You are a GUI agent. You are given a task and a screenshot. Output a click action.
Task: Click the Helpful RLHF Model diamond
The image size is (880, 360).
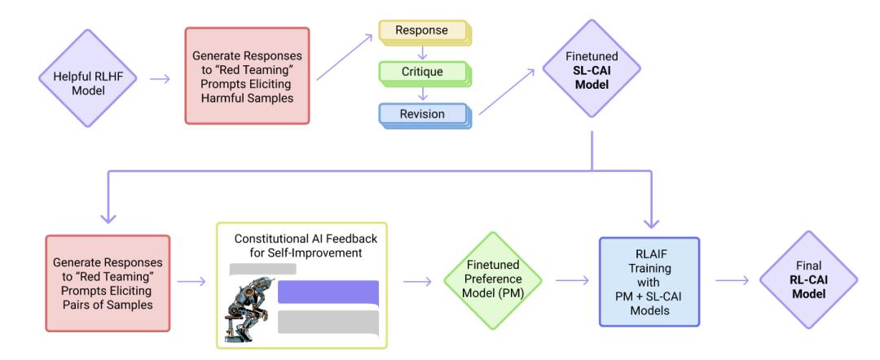87,78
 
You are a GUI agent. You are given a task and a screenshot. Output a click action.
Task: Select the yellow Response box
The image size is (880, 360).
425,33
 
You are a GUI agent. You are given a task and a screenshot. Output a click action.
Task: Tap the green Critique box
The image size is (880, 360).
425,73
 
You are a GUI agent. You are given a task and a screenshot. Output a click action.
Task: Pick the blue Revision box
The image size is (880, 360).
425,116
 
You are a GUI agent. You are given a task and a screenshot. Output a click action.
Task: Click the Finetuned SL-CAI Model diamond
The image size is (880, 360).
592,68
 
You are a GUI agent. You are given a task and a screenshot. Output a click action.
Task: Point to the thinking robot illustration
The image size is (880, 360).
244,308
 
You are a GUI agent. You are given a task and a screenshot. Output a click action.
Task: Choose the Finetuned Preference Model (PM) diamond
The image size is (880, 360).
493,280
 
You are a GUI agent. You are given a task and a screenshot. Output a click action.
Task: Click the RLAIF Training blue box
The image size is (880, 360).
649,282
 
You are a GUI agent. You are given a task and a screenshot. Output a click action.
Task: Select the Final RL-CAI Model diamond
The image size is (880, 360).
809,280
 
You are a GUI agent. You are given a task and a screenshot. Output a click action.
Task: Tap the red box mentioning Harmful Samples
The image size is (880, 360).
247,76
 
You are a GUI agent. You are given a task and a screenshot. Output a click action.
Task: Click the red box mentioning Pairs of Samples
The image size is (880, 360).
108,283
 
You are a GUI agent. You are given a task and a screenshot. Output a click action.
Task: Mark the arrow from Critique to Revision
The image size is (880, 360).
424,94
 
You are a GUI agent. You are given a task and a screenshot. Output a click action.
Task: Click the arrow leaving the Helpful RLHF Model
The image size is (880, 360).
160,78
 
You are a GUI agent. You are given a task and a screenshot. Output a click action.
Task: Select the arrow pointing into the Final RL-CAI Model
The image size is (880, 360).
733,280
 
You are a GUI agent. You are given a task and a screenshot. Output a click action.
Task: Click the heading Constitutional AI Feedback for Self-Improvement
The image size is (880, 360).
306,246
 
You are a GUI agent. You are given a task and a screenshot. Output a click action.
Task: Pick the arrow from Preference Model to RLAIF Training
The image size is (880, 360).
573,280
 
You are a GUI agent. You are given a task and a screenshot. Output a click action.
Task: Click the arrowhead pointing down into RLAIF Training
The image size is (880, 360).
651,223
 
